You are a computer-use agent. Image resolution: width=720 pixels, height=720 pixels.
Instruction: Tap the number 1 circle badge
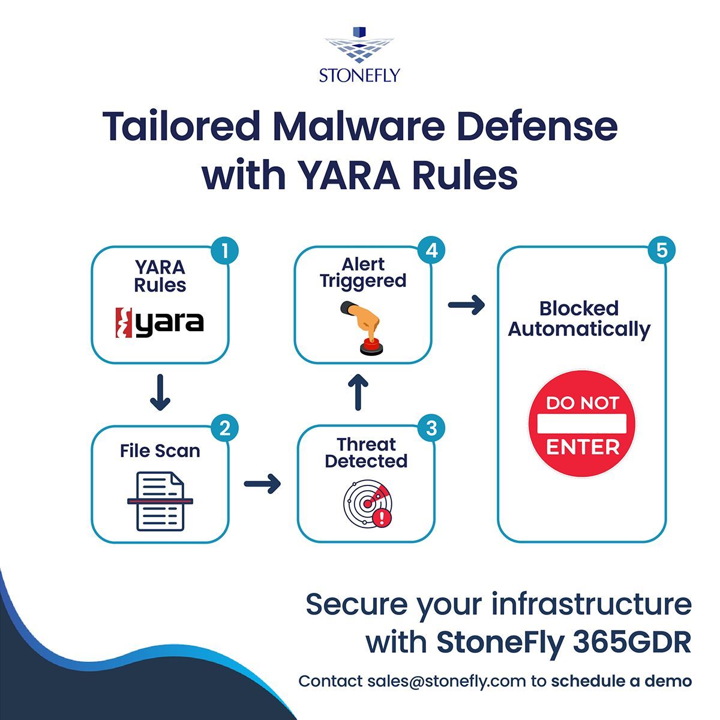pos(225,251)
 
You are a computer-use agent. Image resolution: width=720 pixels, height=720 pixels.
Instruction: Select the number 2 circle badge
pos(225,428)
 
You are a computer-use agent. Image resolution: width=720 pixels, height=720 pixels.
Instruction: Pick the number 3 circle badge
pos(431,428)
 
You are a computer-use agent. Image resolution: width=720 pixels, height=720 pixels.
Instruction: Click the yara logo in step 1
pos(160,322)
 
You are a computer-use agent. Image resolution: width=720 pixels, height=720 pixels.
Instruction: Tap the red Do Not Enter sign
pos(581,424)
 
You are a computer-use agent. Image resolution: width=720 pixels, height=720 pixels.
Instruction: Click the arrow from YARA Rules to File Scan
pos(160,393)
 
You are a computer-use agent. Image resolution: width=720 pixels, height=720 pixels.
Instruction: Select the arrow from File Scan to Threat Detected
pos(263,483)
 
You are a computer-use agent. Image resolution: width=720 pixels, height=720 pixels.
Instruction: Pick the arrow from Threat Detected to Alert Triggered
pos(358,393)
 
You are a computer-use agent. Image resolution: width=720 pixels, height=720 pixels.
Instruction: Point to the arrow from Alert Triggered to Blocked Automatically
pos(466,305)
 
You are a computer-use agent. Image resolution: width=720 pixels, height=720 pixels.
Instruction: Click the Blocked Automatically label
pos(579,319)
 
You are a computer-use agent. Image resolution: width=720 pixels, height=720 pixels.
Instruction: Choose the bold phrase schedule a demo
pos(621,681)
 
